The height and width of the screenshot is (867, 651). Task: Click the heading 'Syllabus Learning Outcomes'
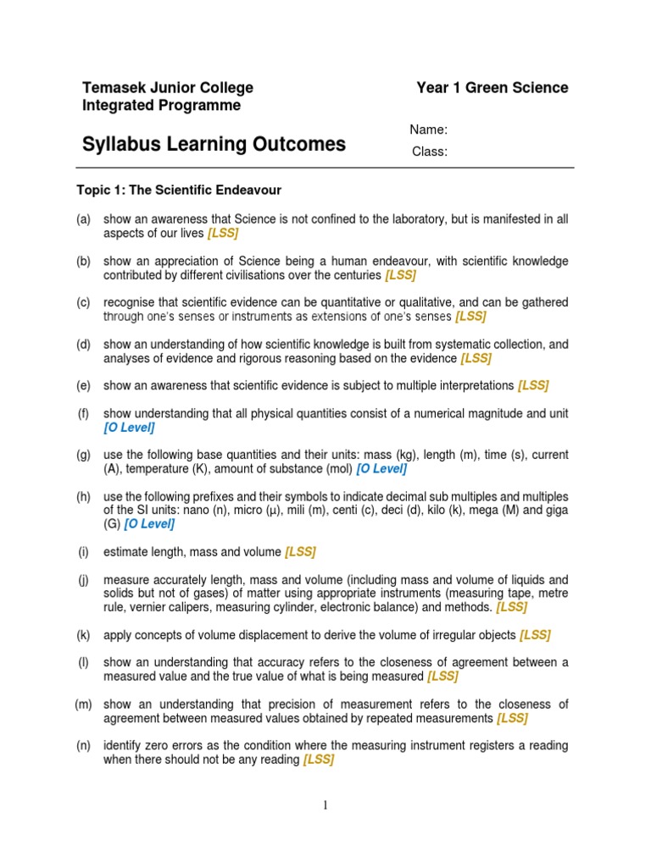point(214,144)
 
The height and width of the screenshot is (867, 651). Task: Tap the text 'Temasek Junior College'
point(167,88)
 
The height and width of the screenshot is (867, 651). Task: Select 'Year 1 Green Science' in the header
point(492,88)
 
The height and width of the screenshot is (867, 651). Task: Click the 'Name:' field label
point(428,130)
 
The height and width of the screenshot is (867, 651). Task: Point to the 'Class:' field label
point(430,152)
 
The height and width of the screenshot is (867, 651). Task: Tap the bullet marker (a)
point(83,219)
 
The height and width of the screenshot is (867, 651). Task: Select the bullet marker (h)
point(83,496)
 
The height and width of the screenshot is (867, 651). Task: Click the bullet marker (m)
point(83,704)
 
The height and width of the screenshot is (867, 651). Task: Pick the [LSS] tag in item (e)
point(533,385)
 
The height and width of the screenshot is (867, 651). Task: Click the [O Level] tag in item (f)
point(129,428)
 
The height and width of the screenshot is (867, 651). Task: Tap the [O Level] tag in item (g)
point(381,469)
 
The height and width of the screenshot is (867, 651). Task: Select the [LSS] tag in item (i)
point(300,552)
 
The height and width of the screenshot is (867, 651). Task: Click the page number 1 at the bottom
point(325,805)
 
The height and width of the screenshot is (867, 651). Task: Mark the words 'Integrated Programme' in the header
point(161,106)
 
